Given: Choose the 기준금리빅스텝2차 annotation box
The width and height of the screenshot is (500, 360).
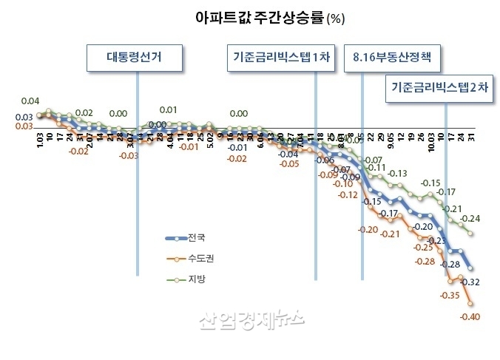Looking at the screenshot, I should [x=440, y=86].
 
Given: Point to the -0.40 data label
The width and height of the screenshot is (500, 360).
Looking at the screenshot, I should [x=470, y=317].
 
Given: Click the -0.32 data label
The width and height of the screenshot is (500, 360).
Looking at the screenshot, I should [x=470, y=282].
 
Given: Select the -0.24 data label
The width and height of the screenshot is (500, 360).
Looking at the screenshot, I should [x=470, y=219].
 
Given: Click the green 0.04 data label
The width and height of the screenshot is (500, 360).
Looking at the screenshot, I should [x=30, y=101].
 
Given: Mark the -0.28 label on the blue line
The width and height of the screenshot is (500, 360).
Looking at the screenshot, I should [x=450, y=264].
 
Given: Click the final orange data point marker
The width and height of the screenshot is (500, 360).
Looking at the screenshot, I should [x=470, y=302].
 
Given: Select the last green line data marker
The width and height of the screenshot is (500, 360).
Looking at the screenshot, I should [x=470, y=233].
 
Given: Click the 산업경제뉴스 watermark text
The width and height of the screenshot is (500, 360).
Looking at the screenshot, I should [x=251, y=319].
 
